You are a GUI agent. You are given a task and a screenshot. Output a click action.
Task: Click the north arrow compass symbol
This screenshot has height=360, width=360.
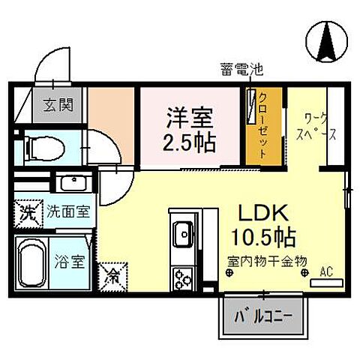[x=328, y=40]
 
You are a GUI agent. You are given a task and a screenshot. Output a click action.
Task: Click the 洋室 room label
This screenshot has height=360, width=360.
[x=190, y=117]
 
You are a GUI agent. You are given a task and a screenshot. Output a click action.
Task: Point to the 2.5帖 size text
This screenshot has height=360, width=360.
[x=190, y=140]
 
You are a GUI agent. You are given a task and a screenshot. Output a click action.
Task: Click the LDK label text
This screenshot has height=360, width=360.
[x=257, y=212]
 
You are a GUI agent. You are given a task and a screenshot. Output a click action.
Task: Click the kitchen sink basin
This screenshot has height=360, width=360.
[x=182, y=234]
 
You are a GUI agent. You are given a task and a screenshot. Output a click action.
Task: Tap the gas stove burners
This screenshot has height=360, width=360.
[x=182, y=280]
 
